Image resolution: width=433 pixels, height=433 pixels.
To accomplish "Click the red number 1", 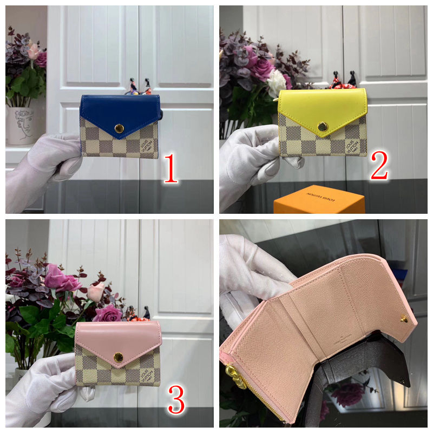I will [171, 168].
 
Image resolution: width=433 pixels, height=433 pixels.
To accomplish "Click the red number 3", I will [176, 399].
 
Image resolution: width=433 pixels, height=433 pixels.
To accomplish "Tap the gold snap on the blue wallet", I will [119, 128].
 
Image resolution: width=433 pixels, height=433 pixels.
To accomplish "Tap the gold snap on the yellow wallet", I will [323, 127].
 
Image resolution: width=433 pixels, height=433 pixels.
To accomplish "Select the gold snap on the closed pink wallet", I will [118, 357].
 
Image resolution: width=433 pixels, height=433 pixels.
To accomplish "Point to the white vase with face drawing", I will [21, 125].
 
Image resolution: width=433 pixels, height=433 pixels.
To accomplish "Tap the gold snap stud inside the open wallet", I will [404, 319].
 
